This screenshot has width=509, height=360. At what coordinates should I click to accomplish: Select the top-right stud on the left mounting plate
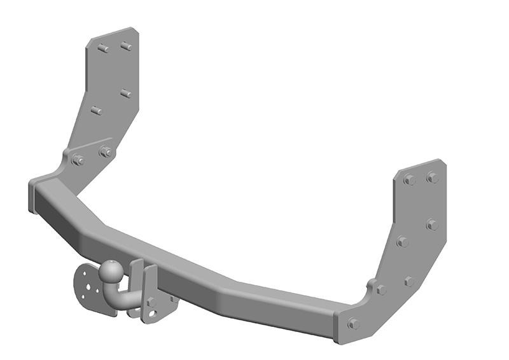point(126,46)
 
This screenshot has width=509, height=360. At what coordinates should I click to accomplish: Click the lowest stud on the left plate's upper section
point(97,111)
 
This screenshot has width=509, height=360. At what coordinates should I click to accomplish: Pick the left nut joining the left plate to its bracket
point(78,160)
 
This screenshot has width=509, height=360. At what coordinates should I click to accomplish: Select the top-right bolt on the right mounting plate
point(433,177)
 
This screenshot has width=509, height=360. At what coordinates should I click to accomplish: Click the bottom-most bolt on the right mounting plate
point(353,324)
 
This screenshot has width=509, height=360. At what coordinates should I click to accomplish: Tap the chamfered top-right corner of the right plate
point(441,164)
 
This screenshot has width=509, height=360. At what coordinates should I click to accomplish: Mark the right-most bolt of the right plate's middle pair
point(432,225)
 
